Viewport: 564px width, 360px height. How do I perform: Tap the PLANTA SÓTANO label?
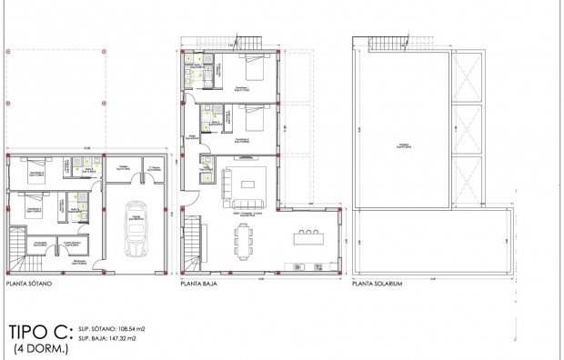34,284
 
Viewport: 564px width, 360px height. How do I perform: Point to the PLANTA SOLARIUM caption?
377,284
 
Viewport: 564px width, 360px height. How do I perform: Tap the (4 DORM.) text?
37,349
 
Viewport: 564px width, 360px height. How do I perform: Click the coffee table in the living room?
246,184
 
